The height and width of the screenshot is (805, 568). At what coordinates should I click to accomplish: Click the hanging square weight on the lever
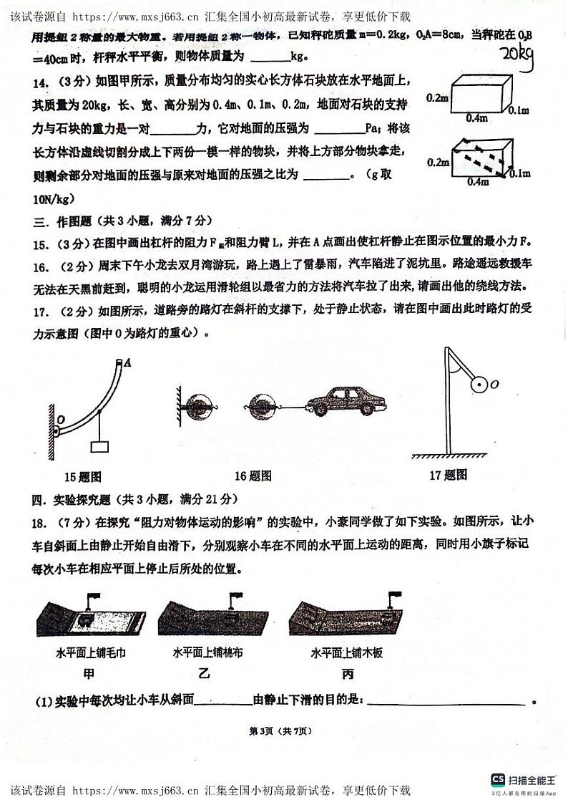point(99,447)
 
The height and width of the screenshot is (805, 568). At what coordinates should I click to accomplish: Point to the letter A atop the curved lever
point(127,363)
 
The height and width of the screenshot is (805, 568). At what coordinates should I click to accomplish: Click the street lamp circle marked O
point(474,384)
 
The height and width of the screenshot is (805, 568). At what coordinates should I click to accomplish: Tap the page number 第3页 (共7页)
point(281,731)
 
